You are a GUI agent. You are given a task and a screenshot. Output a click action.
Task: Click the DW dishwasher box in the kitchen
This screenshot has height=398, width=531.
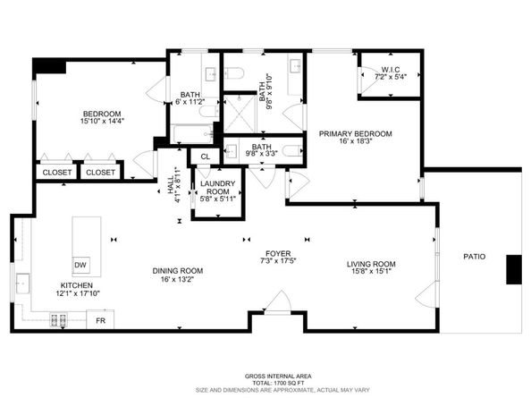(x=80, y=265)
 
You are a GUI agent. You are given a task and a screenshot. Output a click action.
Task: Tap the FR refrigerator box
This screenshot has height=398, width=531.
(x=101, y=319)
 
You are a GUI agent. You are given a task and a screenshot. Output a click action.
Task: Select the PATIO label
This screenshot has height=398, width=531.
(x=474, y=257)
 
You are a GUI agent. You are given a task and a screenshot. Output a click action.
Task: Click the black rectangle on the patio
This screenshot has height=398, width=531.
(x=514, y=268)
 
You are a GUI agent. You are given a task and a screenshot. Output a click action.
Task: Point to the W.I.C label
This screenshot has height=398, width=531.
(x=390, y=70)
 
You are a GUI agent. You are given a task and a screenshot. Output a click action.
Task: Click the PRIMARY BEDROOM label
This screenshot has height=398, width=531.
(x=355, y=134)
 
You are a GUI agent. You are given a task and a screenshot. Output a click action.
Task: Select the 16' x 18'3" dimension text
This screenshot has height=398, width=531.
(x=355, y=143)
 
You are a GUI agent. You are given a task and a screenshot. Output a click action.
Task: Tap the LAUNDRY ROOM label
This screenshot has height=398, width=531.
(x=217, y=188)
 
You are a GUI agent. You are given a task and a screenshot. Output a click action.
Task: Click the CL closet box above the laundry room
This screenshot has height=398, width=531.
(x=205, y=157)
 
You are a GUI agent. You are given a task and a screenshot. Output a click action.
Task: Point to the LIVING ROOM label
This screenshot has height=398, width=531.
(x=371, y=264)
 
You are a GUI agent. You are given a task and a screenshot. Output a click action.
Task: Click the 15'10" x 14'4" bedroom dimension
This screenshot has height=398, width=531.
(x=101, y=123)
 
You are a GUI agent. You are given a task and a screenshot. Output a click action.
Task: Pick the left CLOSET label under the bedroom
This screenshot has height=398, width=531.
(x=56, y=172)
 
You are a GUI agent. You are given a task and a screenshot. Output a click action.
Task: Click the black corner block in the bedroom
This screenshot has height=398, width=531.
(x=49, y=67)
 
